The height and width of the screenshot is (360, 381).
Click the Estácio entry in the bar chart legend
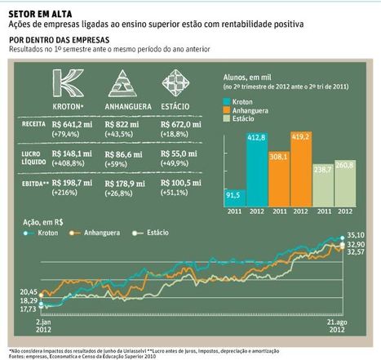(245, 119)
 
